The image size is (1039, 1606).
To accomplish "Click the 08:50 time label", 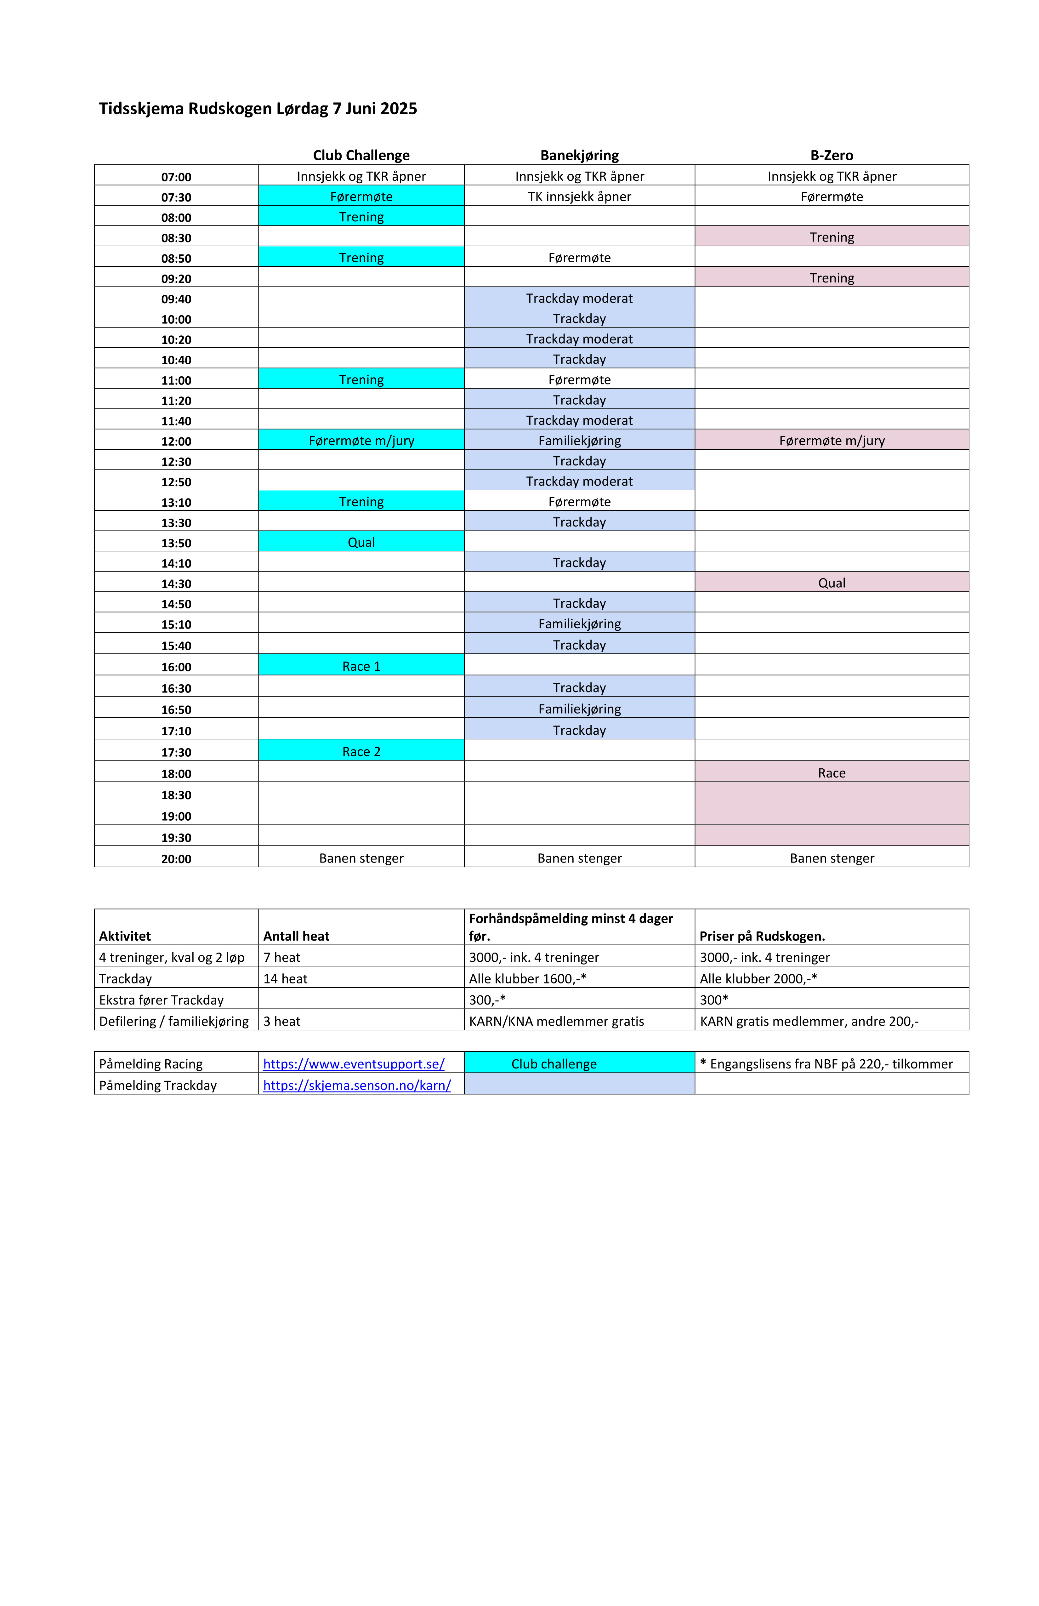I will coord(176,259).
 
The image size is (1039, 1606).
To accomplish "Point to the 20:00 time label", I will coord(176,859).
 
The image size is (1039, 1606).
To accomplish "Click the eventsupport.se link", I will coord(354,1064).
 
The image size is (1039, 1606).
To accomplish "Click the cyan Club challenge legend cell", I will coord(554,1064).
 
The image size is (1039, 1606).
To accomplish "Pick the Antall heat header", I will coord(296,936).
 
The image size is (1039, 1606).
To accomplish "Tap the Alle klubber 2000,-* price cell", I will coord(758,979).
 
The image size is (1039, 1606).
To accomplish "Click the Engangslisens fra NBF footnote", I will coord(827,1064).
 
